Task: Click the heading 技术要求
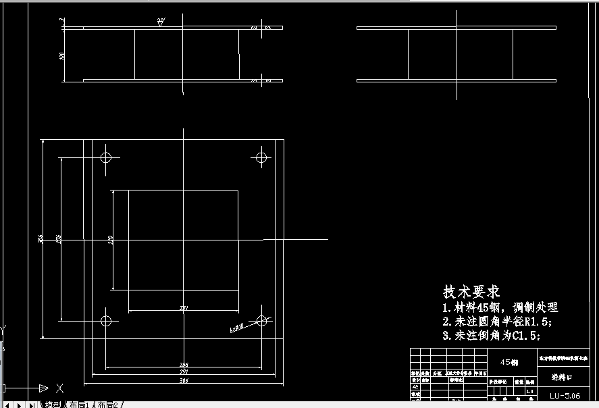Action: (x=471, y=292)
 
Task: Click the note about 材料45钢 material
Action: (x=500, y=308)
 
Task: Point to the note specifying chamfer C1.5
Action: (x=491, y=335)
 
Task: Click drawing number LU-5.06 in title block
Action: (x=565, y=396)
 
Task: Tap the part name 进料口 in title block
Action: (x=561, y=378)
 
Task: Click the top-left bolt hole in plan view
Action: (x=105, y=158)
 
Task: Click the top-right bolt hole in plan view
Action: (x=262, y=158)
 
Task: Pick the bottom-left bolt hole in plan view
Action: (x=105, y=321)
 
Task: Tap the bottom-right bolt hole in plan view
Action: (x=262, y=321)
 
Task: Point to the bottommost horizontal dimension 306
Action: (x=184, y=381)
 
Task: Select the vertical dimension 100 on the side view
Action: (x=62, y=55)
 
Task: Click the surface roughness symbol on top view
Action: (x=161, y=23)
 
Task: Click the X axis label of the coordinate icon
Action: (x=59, y=388)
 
